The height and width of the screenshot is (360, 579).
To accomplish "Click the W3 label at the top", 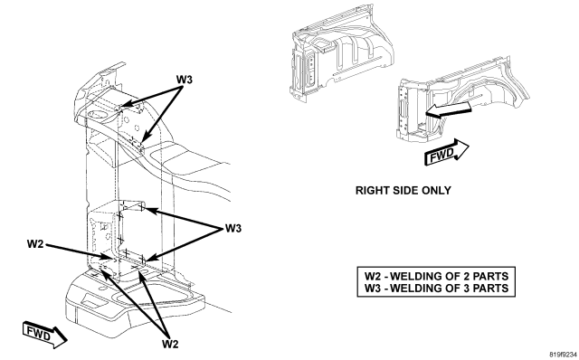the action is coord(184,80).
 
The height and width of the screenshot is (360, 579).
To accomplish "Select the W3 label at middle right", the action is coord(233,229).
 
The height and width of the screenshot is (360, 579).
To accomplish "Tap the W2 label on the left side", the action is coord(35,243).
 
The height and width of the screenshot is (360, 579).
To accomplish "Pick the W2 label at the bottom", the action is coord(170,344).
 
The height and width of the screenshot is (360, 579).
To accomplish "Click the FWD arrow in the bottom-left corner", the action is coord(44,335).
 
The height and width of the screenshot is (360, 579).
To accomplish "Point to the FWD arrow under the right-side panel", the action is coord(447,152).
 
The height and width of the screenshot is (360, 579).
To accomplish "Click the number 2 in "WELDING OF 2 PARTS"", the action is coord(465,276).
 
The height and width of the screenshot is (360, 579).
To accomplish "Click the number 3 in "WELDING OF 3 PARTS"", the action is coord(465,288).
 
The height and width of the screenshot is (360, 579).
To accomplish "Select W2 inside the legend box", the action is coord(373,276).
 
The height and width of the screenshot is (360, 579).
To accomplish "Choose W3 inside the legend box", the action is coord(373,288).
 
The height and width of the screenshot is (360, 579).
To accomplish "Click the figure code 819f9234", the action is coord(564,355).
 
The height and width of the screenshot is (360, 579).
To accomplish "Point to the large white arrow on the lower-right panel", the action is coord(449,110).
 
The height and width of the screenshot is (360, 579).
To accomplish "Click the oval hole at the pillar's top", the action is coord(98,115).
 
